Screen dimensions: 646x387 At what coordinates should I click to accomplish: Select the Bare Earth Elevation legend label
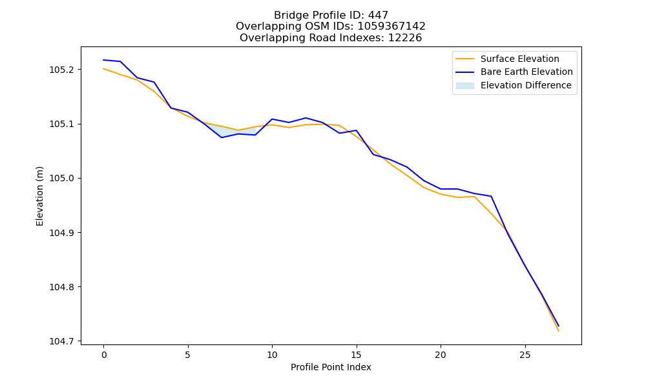pyautogui.click(x=526, y=72)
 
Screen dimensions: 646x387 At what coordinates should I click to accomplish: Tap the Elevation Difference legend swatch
pyautogui.click(x=464, y=86)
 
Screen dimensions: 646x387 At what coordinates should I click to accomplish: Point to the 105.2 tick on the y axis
pyautogui.click(x=61, y=70)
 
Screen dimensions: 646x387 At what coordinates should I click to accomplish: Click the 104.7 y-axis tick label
pyautogui.click(x=61, y=341)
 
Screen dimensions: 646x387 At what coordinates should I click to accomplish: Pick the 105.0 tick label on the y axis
pyautogui.click(x=61, y=179)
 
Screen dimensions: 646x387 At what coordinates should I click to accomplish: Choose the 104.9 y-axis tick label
pyautogui.click(x=61, y=233)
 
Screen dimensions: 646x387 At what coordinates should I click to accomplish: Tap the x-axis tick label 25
pyautogui.click(x=525, y=355)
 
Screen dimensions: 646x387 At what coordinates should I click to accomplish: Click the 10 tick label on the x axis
pyautogui.click(x=272, y=355)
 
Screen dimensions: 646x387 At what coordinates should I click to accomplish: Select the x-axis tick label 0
pyautogui.click(x=104, y=355)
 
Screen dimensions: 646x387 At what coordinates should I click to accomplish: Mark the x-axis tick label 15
pyautogui.click(x=357, y=355)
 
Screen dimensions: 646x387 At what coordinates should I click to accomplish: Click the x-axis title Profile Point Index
pyautogui.click(x=331, y=367)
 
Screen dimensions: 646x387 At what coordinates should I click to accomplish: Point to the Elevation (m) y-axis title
pyautogui.click(x=39, y=196)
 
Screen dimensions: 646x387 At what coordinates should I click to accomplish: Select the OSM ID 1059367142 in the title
pyautogui.click(x=391, y=26)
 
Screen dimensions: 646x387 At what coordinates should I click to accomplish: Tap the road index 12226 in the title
pyautogui.click(x=405, y=38)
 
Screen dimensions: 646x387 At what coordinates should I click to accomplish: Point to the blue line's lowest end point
pyautogui.click(x=559, y=326)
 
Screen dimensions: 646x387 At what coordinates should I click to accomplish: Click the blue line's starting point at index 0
pyautogui.click(x=103, y=60)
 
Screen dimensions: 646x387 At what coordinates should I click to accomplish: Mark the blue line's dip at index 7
pyautogui.click(x=222, y=137)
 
